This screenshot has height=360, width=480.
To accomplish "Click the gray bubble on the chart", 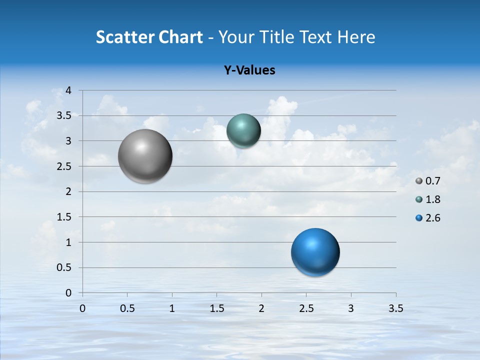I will click(145, 156).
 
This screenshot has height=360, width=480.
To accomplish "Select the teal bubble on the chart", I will click(243, 131).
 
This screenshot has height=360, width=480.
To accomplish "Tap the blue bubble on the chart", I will click(315, 252).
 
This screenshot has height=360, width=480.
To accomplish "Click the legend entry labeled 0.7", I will click(428, 181).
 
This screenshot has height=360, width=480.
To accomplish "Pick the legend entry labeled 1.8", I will click(428, 199).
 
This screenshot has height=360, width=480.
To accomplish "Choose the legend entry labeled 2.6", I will click(428, 218).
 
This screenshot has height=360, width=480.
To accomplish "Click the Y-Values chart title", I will click(249, 70).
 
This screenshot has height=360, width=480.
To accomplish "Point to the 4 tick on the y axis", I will click(68, 90).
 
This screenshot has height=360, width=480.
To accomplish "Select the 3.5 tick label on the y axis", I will click(64, 116).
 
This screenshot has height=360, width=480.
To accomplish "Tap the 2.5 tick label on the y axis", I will click(64, 166).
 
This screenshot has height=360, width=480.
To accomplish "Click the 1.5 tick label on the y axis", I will click(64, 217).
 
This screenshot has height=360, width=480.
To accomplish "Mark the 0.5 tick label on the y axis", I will click(64, 267).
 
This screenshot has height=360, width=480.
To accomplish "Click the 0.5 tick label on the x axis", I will click(127, 308).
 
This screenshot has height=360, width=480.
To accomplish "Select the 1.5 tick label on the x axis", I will click(217, 308).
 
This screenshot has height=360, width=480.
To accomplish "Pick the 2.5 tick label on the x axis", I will click(306, 308).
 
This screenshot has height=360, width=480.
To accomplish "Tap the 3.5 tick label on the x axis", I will click(395, 308).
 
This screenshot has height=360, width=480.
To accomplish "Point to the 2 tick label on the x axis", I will click(261, 308).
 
